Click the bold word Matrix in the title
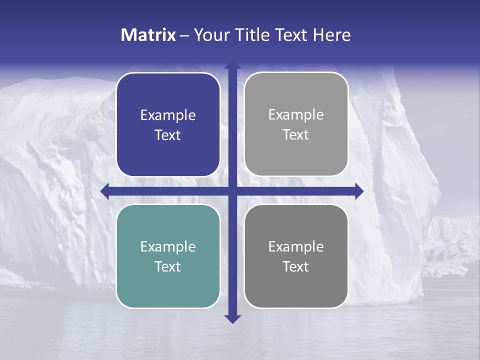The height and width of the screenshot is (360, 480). (148, 35)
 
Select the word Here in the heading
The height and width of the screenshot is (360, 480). (331, 35)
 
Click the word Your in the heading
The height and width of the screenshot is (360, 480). (210, 35)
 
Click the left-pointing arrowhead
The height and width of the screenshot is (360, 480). (104, 191)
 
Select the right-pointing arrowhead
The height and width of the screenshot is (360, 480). (359, 191)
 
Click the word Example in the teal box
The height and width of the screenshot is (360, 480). (168, 246)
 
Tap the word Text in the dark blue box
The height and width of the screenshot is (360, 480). (168, 135)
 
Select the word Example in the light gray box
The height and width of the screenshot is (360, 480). (296, 114)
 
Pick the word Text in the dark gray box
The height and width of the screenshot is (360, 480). (296, 266)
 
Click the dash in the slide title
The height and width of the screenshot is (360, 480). (184, 35)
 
